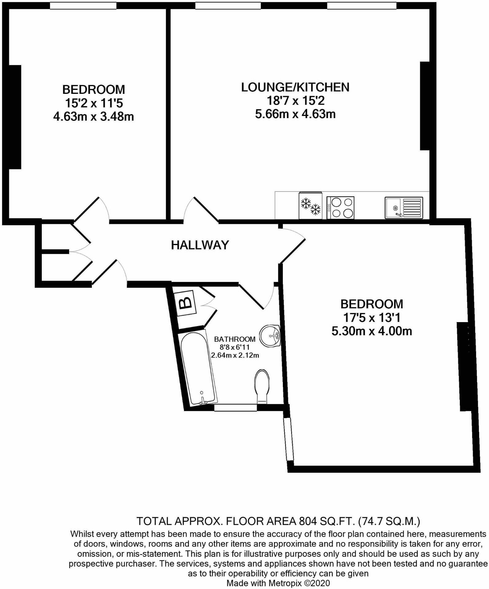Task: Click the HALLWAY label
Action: [200, 245]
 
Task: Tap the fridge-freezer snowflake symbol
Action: [310, 206]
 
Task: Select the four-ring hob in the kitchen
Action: [341, 208]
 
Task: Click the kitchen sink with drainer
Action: [404, 208]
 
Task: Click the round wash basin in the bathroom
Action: [270, 336]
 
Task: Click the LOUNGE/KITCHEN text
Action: [295, 87]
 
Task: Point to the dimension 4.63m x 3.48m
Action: [93, 117]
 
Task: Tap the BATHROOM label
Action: [235, 339]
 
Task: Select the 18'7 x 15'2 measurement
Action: [295, 101]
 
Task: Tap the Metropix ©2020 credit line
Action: [278, 583]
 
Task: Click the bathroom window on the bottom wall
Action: [235, 407]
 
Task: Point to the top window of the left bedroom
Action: [83, 6]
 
